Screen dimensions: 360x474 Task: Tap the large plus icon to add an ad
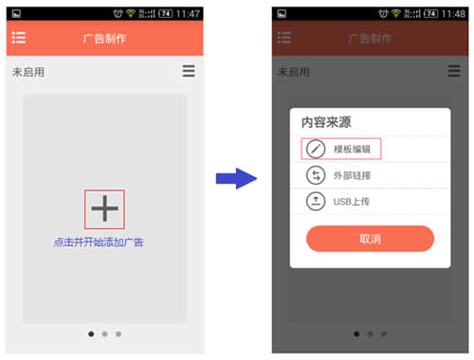tap(104, 207)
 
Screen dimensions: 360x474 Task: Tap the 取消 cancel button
tap(370, 239)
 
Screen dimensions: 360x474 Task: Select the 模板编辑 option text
tap(353, 149)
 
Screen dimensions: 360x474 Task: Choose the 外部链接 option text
tap(353, 175)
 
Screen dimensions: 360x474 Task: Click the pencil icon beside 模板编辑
tap(316, 149)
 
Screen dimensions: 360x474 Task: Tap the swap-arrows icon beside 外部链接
tap(316, 175)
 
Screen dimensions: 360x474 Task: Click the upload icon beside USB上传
tap(316, 201)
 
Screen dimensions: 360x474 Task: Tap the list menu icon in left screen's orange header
tap(19, 38)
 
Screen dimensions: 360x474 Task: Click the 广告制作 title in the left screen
tap(104, 39)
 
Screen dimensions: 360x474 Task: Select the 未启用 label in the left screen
tap(28, 72)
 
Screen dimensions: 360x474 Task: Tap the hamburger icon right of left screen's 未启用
tap(189, 71)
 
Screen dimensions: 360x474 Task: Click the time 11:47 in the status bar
tap(188, 14)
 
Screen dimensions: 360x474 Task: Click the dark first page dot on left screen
tap(91, 333)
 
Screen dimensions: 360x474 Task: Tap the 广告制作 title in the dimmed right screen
tap(370, 39)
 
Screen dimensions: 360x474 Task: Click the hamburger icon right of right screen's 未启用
tap(454, 71)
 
